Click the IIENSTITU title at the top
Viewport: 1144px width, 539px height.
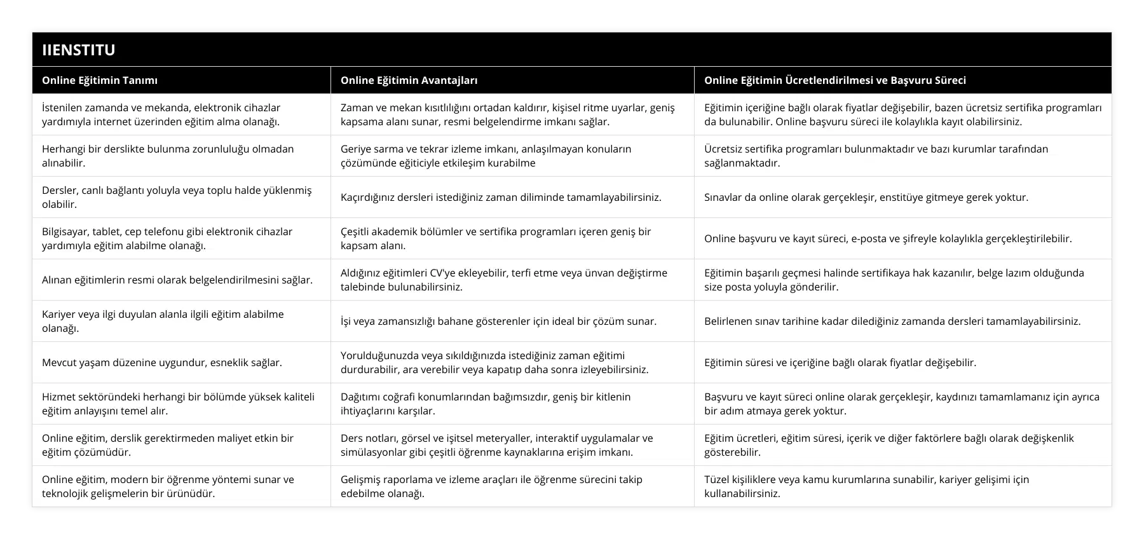pyautogui.click(x=79, y=50)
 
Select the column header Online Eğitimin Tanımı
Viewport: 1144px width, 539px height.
pyautogui.click(x=100, y=80)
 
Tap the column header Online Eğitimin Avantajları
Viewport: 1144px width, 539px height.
pyautogui.click(x=409, y=80)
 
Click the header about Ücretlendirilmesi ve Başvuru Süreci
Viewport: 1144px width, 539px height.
pyautogui.click(x=834, y=80)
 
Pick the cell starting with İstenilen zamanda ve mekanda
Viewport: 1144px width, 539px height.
pyautogui.click(x=161, y=114)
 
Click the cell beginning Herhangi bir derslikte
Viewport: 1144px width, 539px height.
pyautogui.click(x=168, y=156)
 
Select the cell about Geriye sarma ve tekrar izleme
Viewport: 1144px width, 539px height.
pyautogui.click(x=486, y=156)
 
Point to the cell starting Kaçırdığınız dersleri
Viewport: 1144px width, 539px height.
pyautogui.click(x=501, y=197)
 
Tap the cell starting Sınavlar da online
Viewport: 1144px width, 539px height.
pyautogui.click(x=866, y=197)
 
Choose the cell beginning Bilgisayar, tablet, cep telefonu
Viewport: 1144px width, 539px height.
pyautogui.click(x=167, y=238)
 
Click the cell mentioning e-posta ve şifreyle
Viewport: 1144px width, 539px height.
pyautogui.click(x=887, y=238)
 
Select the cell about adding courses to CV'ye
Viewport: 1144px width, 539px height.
pyautogui.click(x=503, y=280)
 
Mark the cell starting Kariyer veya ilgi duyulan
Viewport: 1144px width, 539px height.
pyautogui.click(x=163, y=321)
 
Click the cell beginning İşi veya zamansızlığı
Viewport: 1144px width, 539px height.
pyautogui.click(x=498, y=321)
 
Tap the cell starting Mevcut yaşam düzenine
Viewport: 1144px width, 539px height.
pyautogui.click(x=161, y=362)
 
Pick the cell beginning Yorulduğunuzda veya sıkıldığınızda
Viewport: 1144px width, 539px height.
pyautogui.click(x=494, y=362)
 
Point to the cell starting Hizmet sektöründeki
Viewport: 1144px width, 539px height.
pyautogui.click(x=178, y=404)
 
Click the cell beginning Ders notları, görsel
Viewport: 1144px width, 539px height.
pyautogui.click(x=496, y=445)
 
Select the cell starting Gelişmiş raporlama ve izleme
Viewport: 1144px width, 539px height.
pyautogui.click(x=491, y=486)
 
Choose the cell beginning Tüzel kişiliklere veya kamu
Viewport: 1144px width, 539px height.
pyautogui.click(x=866, y=486)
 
